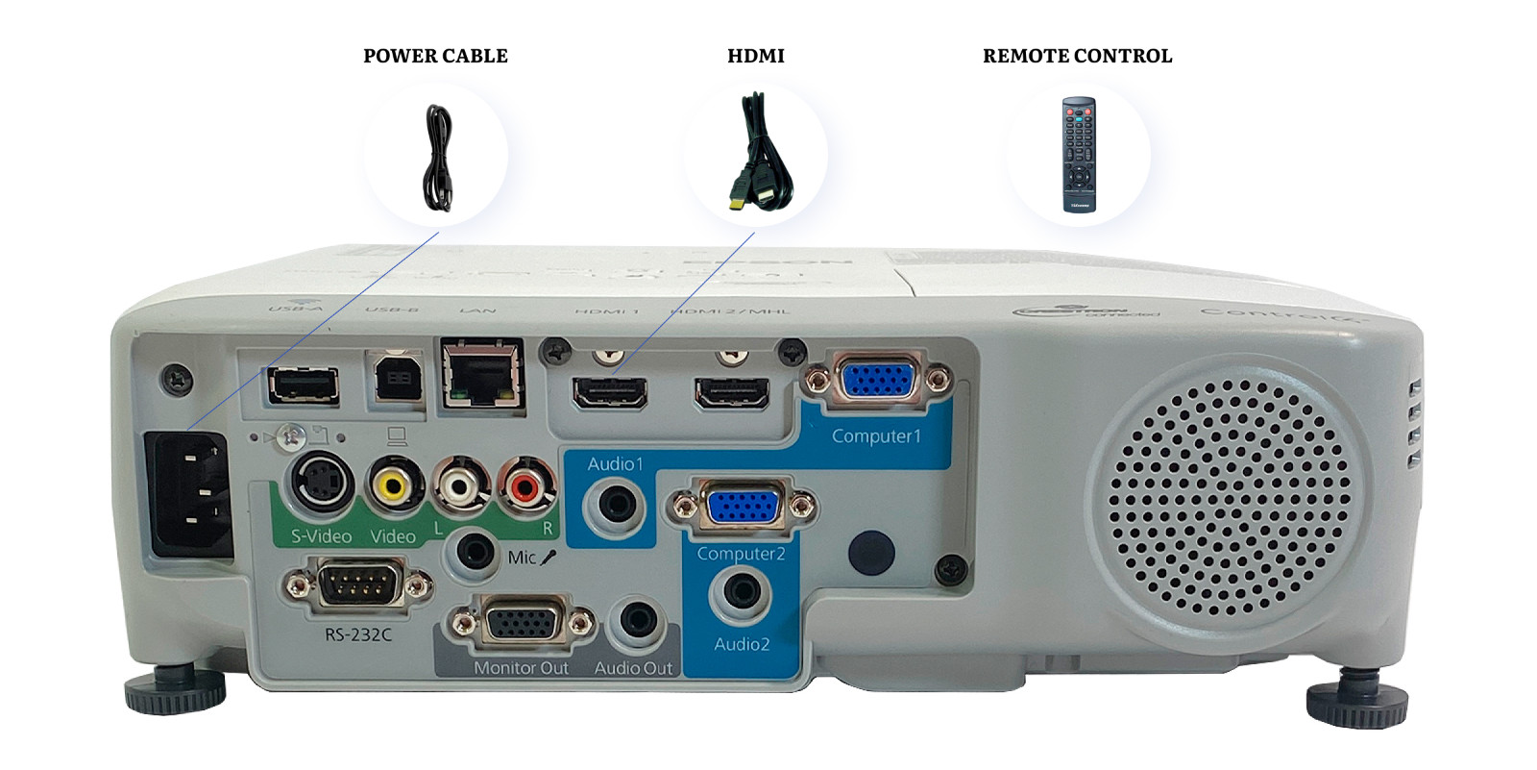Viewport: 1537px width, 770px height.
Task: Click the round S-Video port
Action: pos(321,483)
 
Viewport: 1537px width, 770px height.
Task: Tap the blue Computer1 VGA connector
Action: pos(876,380)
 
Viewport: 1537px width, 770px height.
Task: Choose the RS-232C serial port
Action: pos(356,584)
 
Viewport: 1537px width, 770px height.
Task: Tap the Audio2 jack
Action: pos(740,593)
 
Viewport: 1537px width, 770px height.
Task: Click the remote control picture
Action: pos(1078,154)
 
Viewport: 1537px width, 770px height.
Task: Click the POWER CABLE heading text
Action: pos(435,56)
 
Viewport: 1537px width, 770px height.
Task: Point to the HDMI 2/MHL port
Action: pos(732,392)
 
